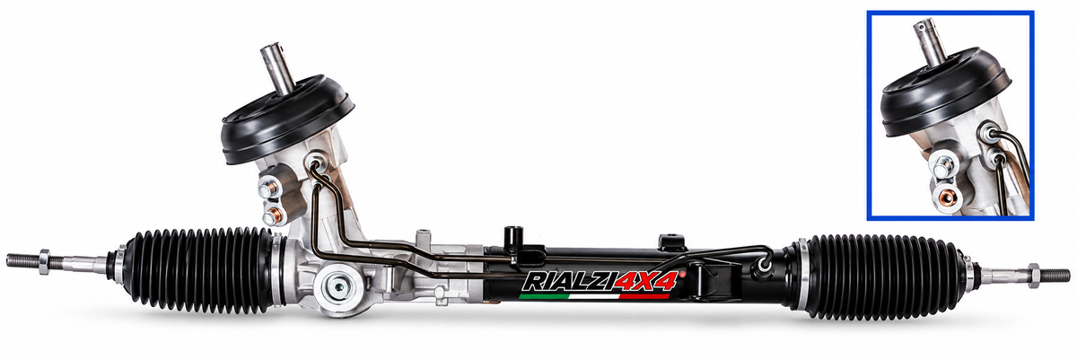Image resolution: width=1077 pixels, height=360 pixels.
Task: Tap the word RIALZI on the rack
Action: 569,282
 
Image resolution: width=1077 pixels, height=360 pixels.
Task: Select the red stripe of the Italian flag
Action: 644,296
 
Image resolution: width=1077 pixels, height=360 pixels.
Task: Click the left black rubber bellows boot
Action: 203,271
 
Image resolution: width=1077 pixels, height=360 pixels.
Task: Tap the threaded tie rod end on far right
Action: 1055,276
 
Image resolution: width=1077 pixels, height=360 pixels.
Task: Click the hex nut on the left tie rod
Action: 44,262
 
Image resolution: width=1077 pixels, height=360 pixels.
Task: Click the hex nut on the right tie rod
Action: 1033,276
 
